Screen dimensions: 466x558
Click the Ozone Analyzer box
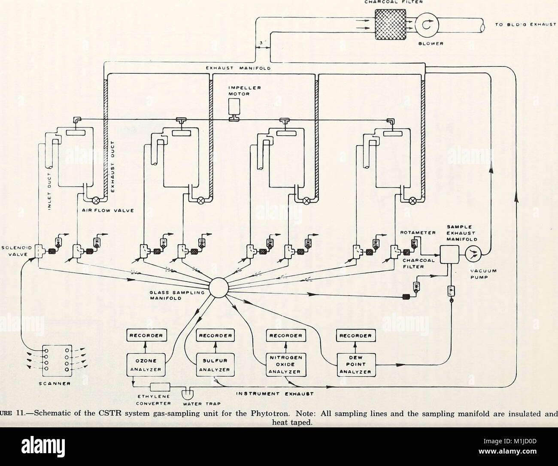(x=145, y=364)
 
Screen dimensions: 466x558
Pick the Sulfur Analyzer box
(x=214, y=364)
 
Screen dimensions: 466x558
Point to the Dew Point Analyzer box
(x=356, y=364)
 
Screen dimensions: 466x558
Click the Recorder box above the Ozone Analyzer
(x=145, y=335)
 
